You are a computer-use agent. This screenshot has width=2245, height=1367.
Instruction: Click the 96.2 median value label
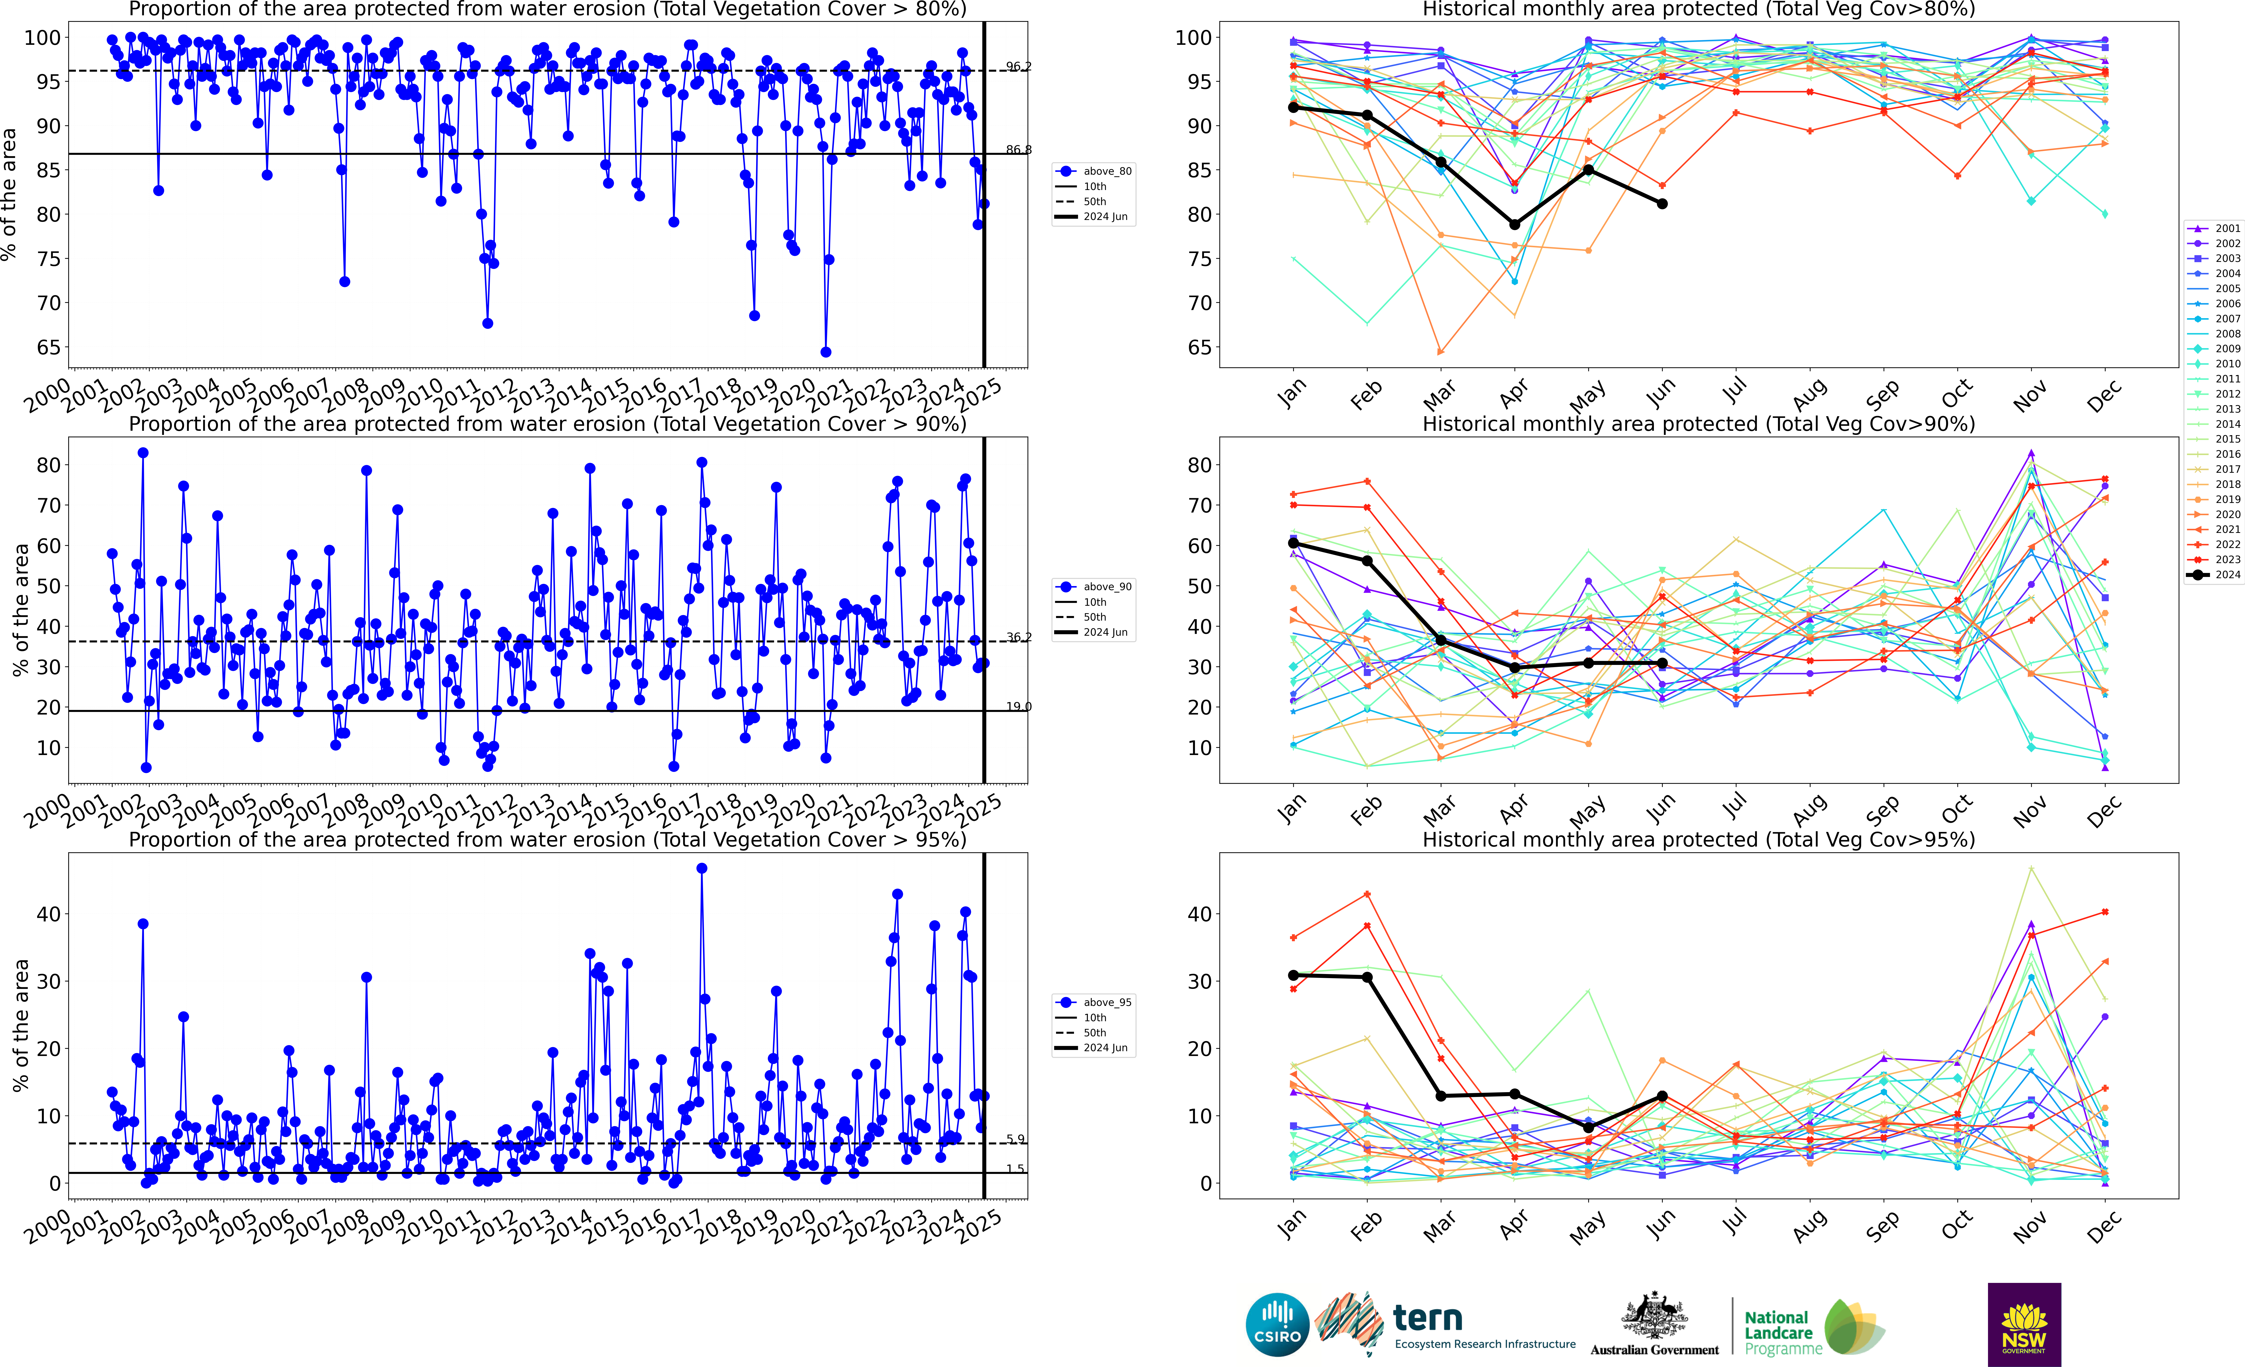[x=1019, y=67]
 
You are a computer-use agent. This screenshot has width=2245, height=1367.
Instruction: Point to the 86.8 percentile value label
[x=1019, y=150]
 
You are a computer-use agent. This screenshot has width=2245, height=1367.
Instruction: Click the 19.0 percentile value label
[x=1019, y=706]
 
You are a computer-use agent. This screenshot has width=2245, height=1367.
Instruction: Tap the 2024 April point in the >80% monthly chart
[x=1514, y=224]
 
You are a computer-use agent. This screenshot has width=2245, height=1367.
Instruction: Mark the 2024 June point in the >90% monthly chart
[x=1662, y=663]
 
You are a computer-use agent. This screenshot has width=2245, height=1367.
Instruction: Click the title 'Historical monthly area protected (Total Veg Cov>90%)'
[x=1698, y=424]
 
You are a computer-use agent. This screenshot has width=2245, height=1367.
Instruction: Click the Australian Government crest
[x=1654, y=1317]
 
